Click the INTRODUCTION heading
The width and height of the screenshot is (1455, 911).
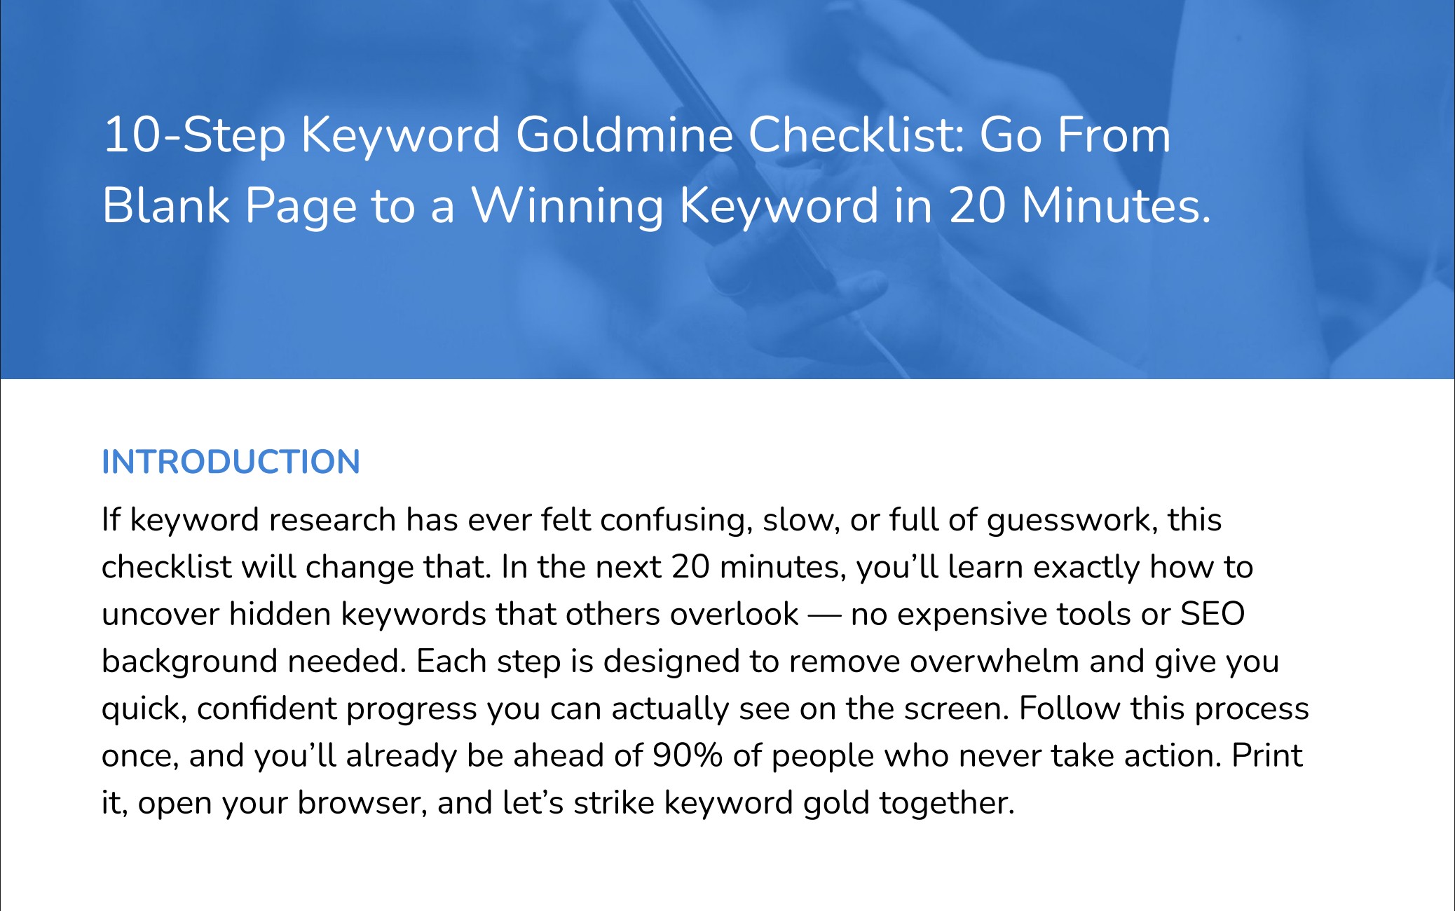(231, 463)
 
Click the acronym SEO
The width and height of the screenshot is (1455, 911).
(1212, 614)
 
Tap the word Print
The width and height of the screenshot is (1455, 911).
(1267, 755)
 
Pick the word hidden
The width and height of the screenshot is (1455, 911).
(280, 615)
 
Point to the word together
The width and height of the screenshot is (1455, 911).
(947, 804)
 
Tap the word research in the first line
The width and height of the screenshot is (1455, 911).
(333, 521)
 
